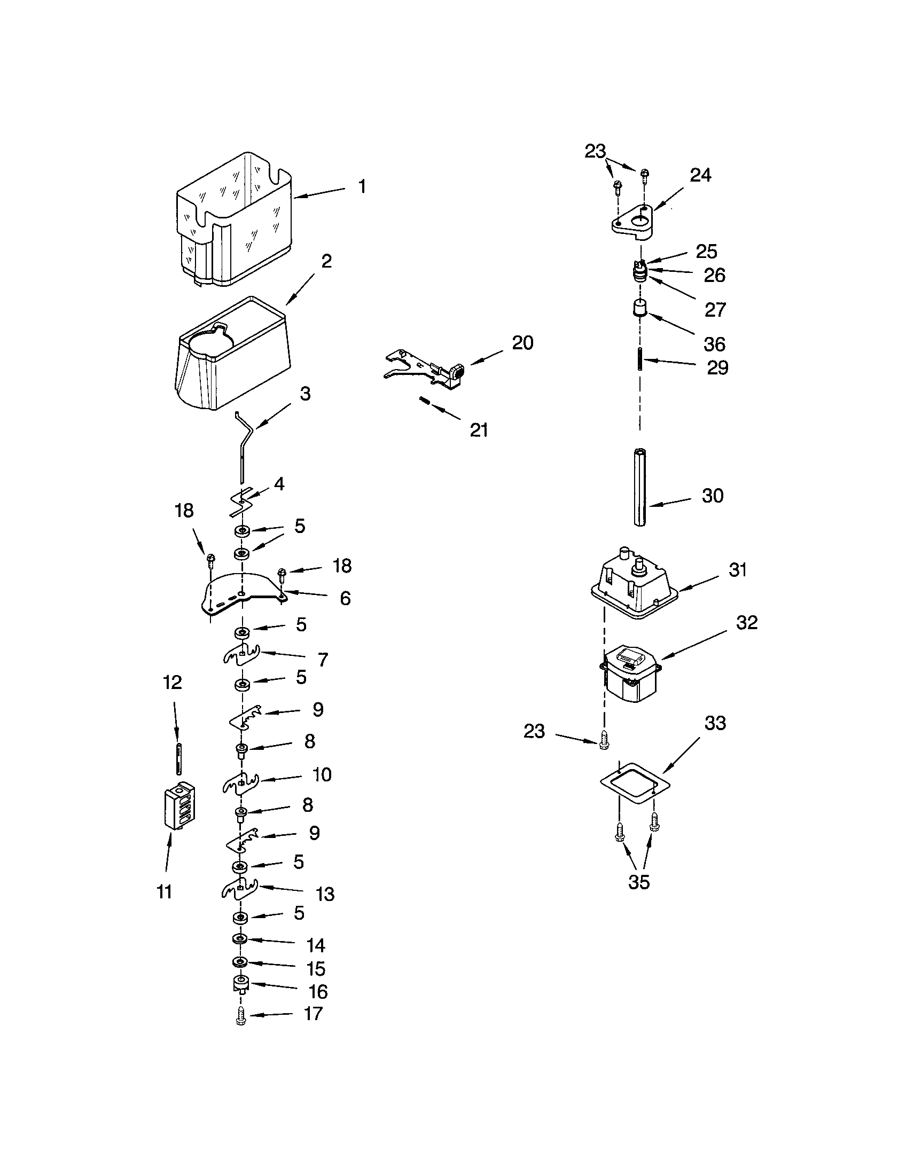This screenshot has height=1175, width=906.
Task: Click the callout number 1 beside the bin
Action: [x=362, y=187]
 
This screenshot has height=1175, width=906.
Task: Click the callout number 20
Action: [x=522, y=343]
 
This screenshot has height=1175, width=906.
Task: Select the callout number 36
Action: [x=714, y=344]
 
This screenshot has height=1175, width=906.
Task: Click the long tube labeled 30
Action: [x=639, y=487]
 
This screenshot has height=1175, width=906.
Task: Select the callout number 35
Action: [x=638, y=882]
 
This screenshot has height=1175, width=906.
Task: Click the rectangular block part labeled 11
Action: [x=178, y=806]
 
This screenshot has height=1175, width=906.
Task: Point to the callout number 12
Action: [x=172, y=682]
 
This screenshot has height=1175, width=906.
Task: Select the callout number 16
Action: [x=318, y=991]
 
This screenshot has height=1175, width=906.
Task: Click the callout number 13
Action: [x=325, y=894]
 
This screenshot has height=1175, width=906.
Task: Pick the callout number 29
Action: [x=717, y=367]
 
